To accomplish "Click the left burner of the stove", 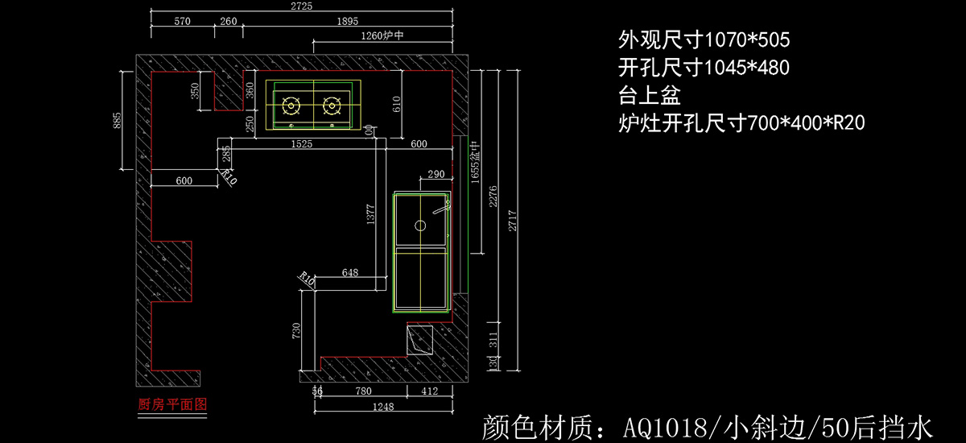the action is (291, 105).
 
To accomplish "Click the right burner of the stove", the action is (331, 105).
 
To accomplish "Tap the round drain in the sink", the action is (419, 226).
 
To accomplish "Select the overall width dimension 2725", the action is (302, 6).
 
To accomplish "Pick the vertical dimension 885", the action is (118, 120).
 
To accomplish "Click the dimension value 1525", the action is (303, 144).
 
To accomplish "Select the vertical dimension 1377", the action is (370, 218).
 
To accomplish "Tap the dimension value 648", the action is (349, 272).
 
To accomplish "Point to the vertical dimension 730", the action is (296, 329).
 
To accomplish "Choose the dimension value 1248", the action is (384, 407).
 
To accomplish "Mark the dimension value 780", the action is (363, 391).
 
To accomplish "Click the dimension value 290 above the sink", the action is (436, 174).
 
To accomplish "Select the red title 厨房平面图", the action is (173, 404).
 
